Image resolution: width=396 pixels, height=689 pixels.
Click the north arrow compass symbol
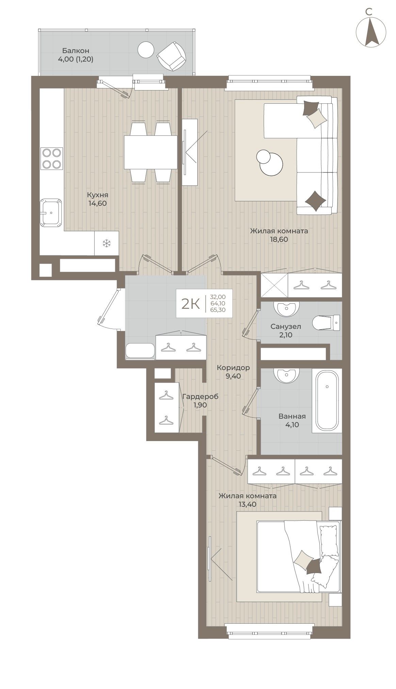(371, 32)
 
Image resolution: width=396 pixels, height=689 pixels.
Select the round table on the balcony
(147, 50)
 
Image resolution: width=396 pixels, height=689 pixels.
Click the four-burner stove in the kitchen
(52, 158)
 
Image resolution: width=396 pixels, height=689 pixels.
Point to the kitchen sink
(51, 213)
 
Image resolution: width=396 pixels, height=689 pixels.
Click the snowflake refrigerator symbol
(107, 243)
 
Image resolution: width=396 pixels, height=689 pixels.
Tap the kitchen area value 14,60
(97, 204)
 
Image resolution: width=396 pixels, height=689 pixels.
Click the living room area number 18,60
(279, 239)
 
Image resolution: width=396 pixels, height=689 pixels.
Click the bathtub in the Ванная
(327, 400)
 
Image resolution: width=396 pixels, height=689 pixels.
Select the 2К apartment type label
(191, 303)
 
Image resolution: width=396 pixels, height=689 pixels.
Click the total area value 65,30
(218, 310)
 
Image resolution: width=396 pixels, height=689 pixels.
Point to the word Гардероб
(200, 397)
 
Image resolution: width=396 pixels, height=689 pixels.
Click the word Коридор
(233, 368)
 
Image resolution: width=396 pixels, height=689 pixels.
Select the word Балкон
(76, 51)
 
